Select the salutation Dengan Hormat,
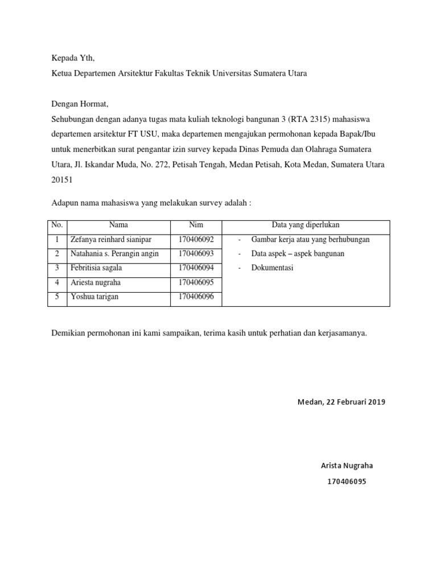[x=80, y=104]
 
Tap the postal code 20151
[x=63, y=179]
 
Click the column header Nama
[x=118, y=225]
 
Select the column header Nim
[x=196, y=225]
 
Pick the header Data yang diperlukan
[x=306, y=225]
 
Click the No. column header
[x=57, y=225]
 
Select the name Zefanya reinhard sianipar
[x=110, y=240]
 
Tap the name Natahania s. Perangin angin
[x=114, y=254]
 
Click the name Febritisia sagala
[x=96, y=268]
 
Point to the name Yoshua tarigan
[x=94, y=297]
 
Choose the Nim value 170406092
[x=196, y=240]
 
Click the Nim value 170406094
[x=196, y=268]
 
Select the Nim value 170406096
[x=196, y=297]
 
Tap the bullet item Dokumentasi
[x=272, y=268]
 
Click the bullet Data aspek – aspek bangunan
[x=298, y=254]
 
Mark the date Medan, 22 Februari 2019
[x=341, y=402]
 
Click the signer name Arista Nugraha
[x=347, y=466]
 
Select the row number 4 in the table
[x=57, y=282]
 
